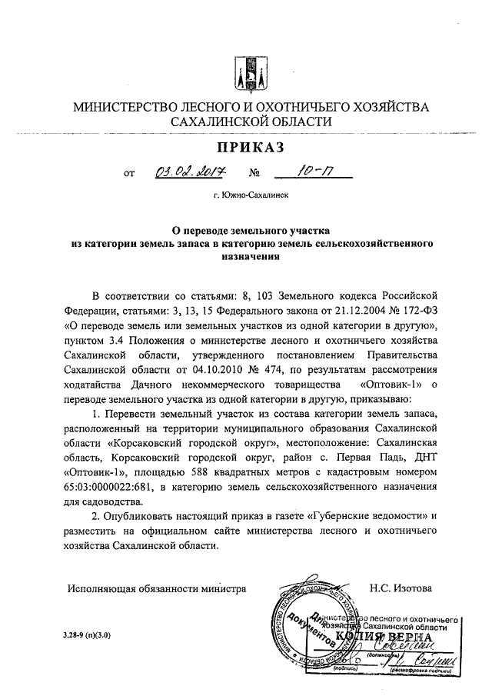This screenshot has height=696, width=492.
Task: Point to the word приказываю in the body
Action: [384, 398]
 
